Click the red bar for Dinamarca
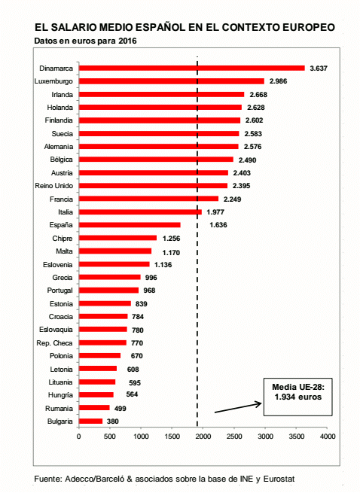click(191, 68)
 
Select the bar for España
click(130, 225)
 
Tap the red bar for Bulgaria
click(90, 421)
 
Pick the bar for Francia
click(148, 199)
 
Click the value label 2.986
click(278, 81)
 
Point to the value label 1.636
click(218, 225)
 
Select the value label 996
click(151, 278)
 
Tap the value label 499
click(121, 409)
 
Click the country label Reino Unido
click(53, 186)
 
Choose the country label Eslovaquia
click(56, 330)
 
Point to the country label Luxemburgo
click(53, 81)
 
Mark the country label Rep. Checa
click(54, 342)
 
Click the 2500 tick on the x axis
click(234, 437)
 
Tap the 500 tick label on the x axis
click(110, 437)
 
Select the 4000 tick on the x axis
click(328, 437)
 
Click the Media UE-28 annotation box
click(297, 397)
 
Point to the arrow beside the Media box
click(238, 408)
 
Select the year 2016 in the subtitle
click(127, 41)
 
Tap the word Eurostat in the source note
click(279, 479)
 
